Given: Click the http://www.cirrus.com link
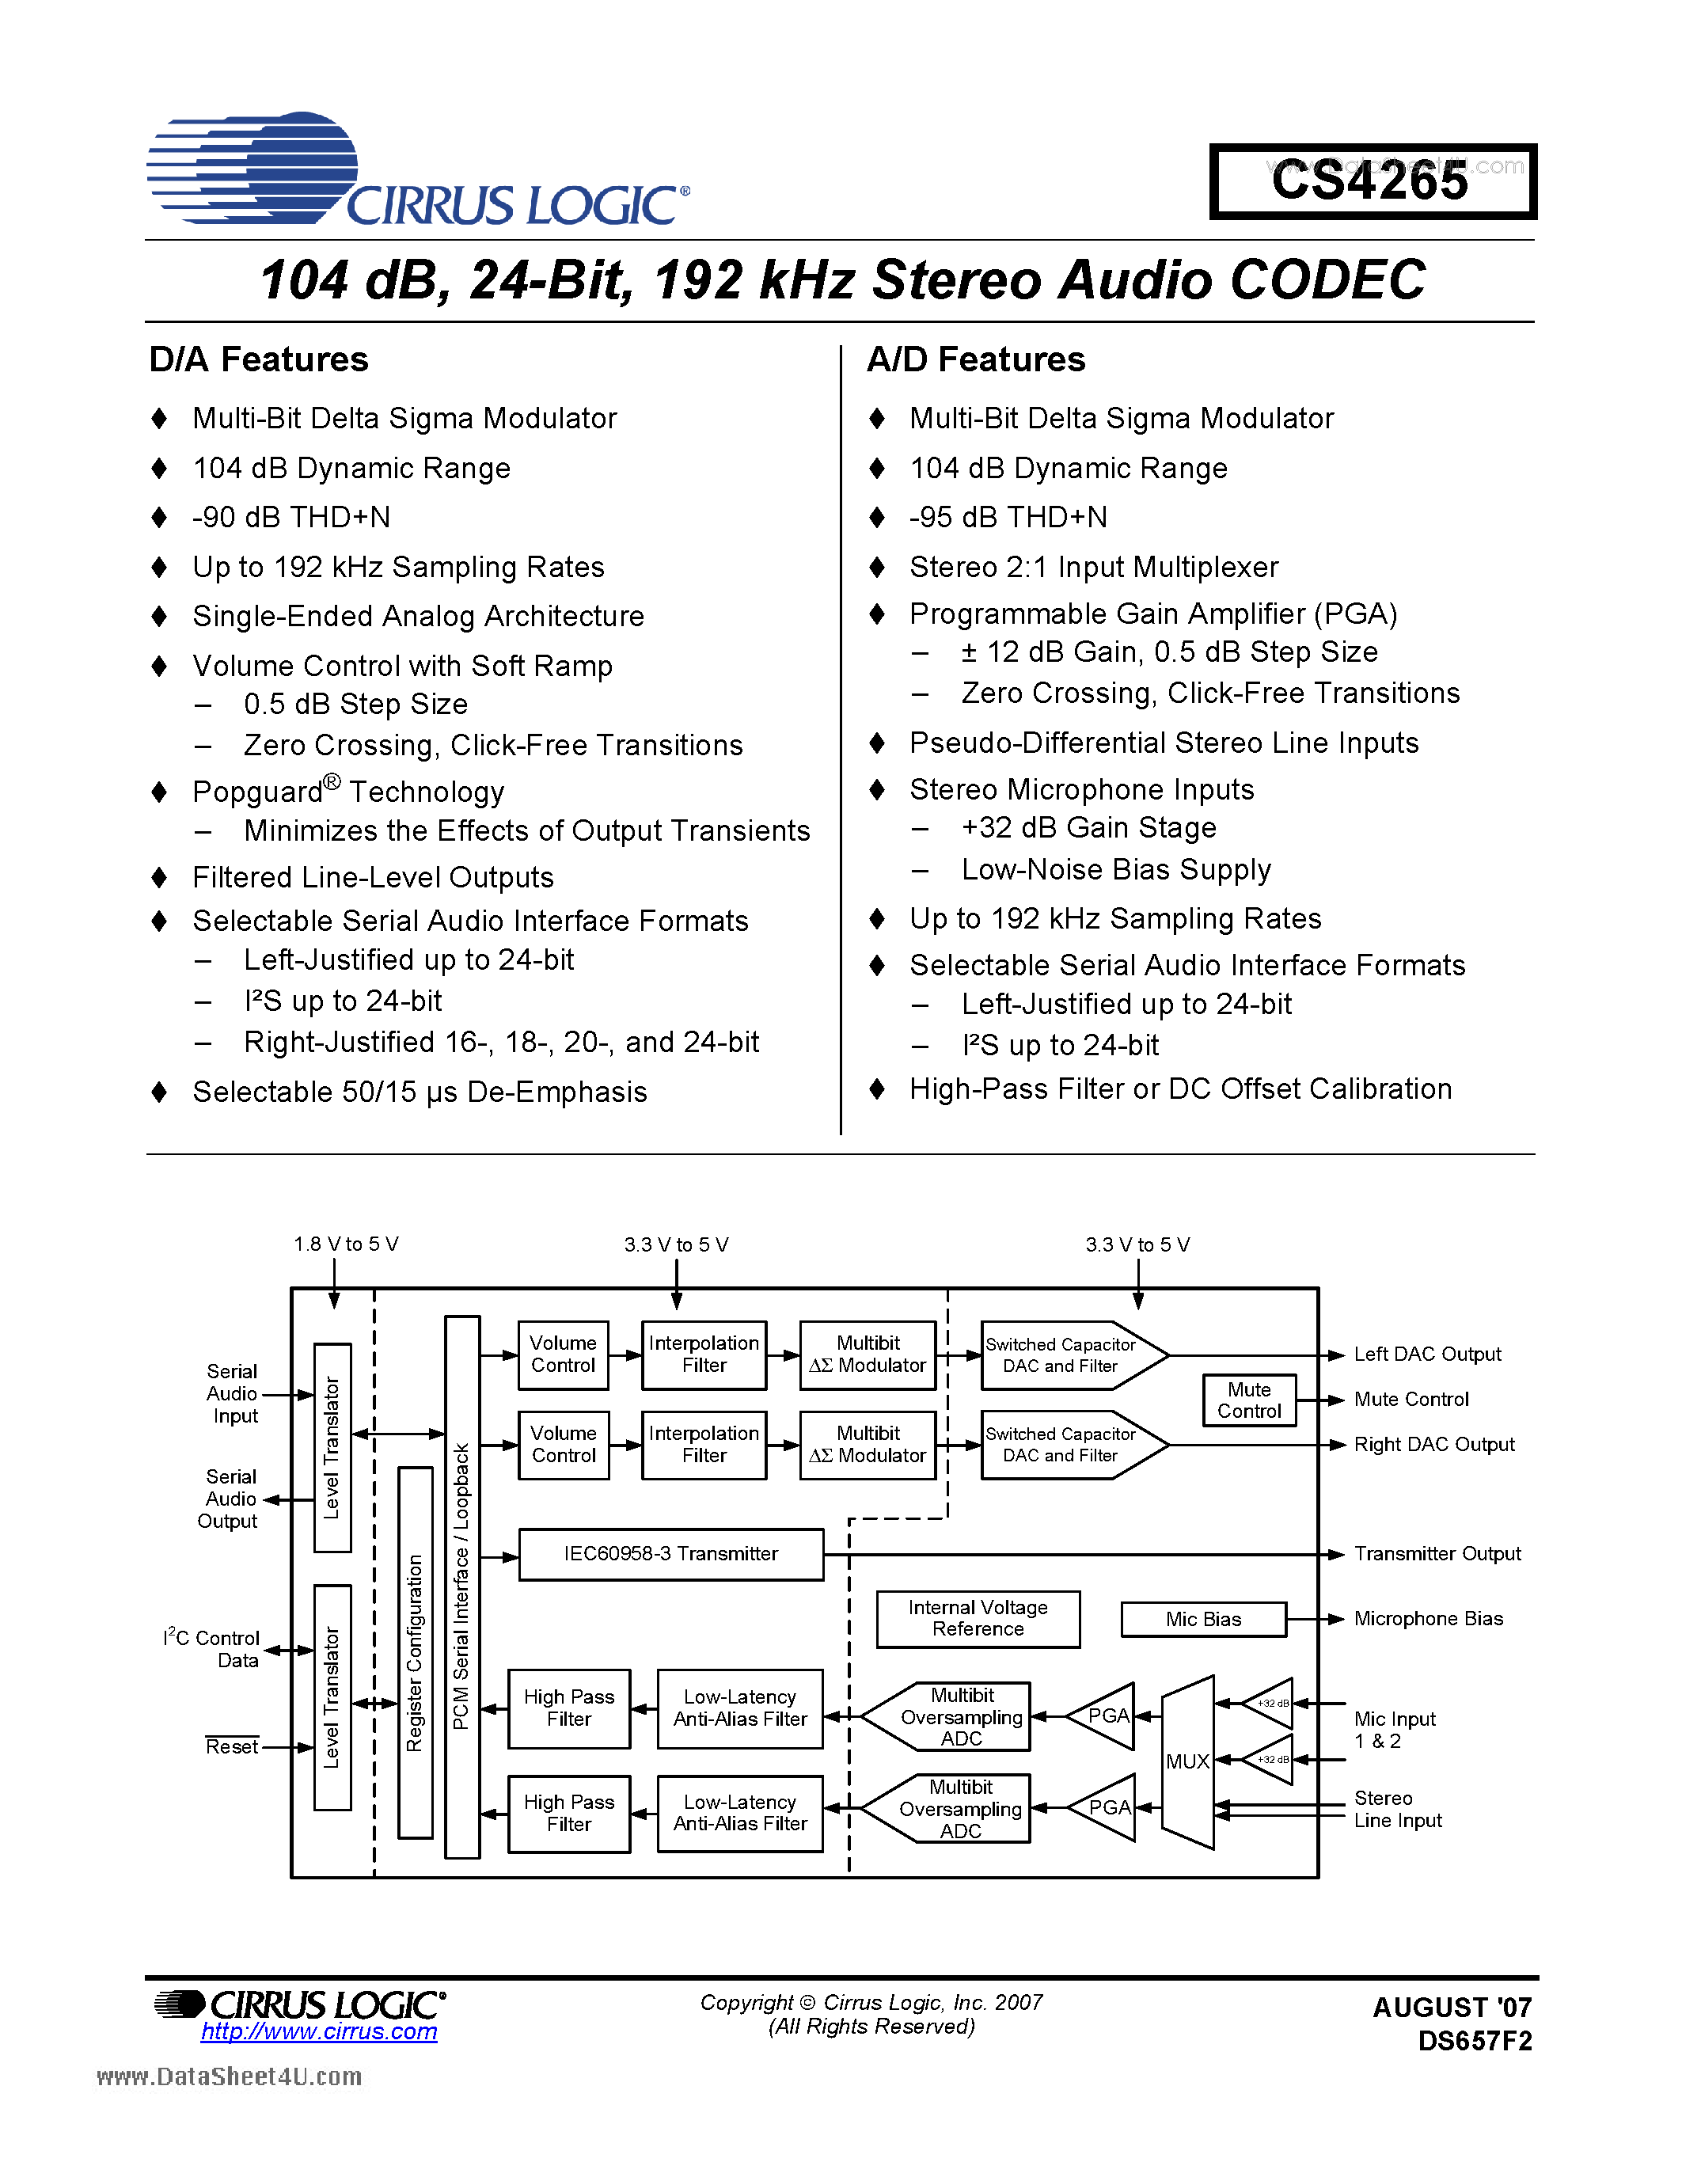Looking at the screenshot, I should click(x=319, y=2031).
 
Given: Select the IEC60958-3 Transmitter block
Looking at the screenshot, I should click(x=670, y=1554).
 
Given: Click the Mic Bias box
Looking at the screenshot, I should click(x=1202, y=1620).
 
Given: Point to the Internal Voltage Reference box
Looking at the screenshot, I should click(x=978, y=1619).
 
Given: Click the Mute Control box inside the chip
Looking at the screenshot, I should click(x=1248, y=1400).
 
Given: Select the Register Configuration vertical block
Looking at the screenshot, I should click(x=415, y=1653).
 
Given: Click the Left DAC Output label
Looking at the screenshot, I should click(x=1427, y=1354).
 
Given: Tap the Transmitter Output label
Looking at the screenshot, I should click(x=1437, y=1554).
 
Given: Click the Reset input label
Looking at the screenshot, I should click(x=231, y=1747).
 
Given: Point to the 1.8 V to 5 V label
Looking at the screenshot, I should click(x=346, y=1244).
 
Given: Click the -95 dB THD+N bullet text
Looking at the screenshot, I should click(x=1008, y=518).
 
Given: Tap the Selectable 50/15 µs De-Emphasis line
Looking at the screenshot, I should click(x=420, y=1092).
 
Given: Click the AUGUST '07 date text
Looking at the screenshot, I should click(x=1451, y=2008).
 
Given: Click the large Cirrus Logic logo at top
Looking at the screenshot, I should click(x=419, y=169).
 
